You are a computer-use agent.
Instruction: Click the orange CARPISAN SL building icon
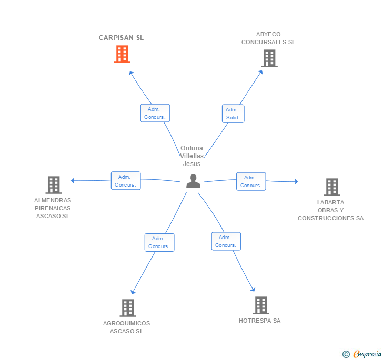pyautogui.click(x=122, y=54)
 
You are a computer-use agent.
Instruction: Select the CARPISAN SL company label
pyautogui.click(x=121, y=38)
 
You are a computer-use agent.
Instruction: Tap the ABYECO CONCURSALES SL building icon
pyautogui.click(x=269, y=58)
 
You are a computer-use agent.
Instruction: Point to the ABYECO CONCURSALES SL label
pyautogui.click(x=268, y=38)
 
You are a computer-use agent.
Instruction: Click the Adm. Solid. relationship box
pyautogui.click(x=233, y=114)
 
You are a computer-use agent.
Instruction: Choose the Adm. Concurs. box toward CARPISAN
pyautogui.click(x=155, y=113)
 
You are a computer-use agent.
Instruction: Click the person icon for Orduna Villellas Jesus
pyautogui.click(x=193, y=181)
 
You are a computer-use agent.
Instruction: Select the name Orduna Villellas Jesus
pyautogui.click(x=191, y=156)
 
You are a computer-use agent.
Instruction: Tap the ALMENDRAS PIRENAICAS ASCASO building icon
pyautogui.click(x=54, y=185)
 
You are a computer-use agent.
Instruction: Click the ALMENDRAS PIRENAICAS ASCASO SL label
pyautogui.click(x=53, y=208)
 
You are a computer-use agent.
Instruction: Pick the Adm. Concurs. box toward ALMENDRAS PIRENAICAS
pyautogui.click(x=126, y=181)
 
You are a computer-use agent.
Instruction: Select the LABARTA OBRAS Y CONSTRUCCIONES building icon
pyautogui.click(x=332, y=187)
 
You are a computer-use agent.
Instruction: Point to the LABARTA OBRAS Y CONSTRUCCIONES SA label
pyautogui.click(x=330, y=210)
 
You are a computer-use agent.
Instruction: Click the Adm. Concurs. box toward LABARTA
pyautogui.click(x=251, y=181)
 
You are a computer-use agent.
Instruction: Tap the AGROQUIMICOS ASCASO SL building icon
pyautogui.click(x=128, y=308)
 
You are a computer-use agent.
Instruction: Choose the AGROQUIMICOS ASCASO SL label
pyautogui.click(x=126, y=327)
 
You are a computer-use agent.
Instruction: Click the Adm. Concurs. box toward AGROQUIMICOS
pyautogui.click(x=159, y=242)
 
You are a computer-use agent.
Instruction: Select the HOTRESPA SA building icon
pyautogui.click(x=261, y=305)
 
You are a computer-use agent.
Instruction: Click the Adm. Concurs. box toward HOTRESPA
pyautogui.click(x=226, y=241)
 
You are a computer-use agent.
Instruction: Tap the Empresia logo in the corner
pyautogui.click(x=362, y=354)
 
